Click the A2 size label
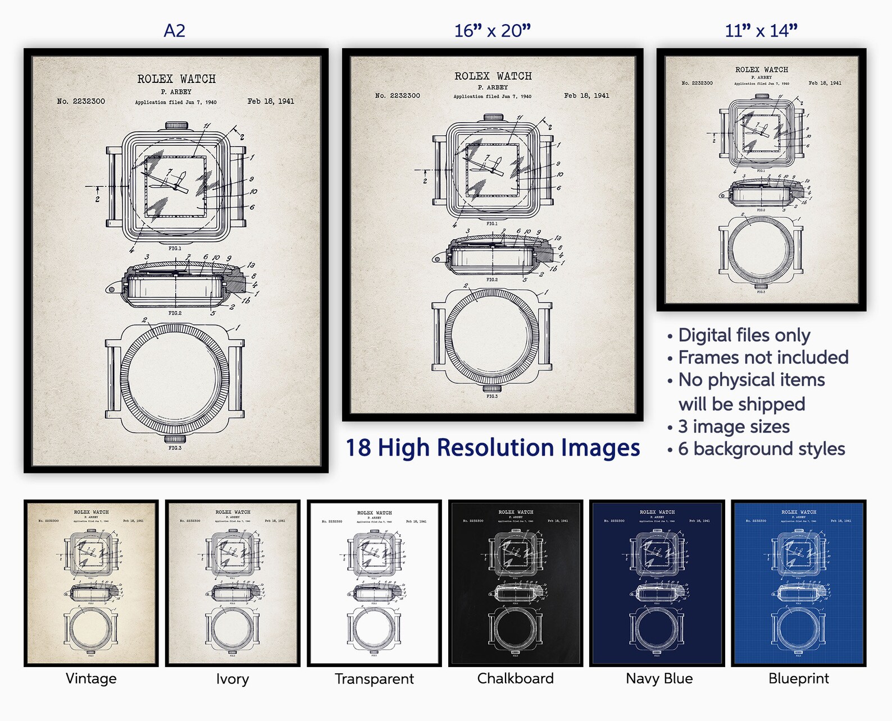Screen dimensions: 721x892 tap(174, 30)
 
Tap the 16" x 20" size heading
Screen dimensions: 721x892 tap(492, 30)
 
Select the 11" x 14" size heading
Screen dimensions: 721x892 tap(761, 30)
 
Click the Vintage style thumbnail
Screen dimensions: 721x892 tap(91, 583)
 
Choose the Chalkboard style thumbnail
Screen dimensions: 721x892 tap(515, 583)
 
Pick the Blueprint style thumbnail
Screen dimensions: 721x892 tap(798, 583)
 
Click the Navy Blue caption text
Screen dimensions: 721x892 tap(659, 678)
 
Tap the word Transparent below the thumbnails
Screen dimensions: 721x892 tap(374, 679)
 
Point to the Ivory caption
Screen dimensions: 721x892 tap(232, 679)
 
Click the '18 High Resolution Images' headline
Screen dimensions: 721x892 tap(493, 448)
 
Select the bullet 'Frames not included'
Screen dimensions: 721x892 tap(763, 357)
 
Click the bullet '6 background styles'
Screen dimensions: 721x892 tap(761, 449)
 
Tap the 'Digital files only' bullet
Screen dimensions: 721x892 tap(744, 335)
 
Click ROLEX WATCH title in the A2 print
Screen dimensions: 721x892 tap(176, 79)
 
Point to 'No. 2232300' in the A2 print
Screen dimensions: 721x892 tap(81, 102)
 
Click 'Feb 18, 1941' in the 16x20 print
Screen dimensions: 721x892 tap(586, 96)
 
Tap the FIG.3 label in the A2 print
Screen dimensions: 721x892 tap(175, 448)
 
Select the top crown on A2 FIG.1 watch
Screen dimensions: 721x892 tap(176, 126)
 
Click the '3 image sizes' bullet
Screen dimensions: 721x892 tap(734, 426)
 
